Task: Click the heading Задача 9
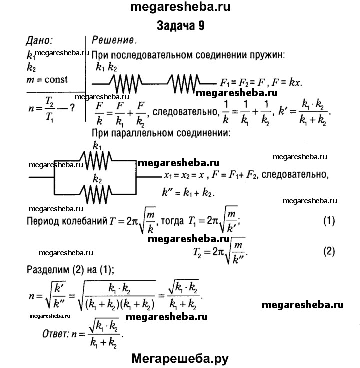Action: pos(180,25)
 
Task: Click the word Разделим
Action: pos(48,270)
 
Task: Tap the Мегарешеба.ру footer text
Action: pos(180,357)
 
